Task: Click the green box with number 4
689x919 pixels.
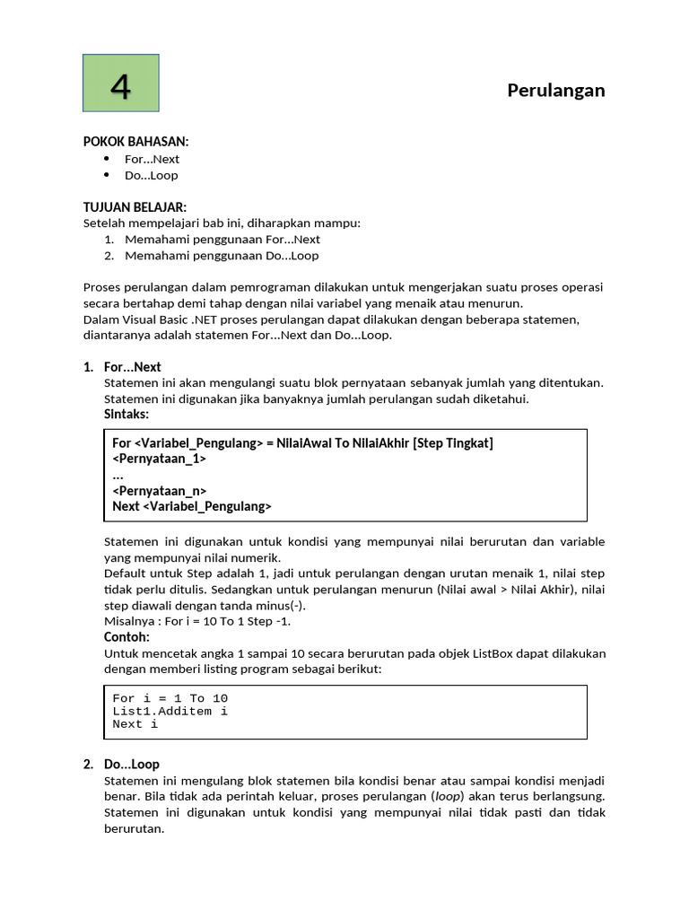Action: pyautogui.click(x=121, y=83)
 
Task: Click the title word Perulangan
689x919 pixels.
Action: pyautogui.click(x=555, y=90)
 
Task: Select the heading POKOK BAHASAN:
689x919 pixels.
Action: pyautogui.click(x=135, y=142)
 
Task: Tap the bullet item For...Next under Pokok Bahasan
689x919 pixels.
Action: pyautogui.click(x=152, y=159)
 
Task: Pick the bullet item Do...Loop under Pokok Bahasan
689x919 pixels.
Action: pyautogui.click(x=151, y=175)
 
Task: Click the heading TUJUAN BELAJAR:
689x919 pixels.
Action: pyautogui.click(x=135, y=207)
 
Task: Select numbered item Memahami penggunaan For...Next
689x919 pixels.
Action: pyautogui.click(x=222, y=240)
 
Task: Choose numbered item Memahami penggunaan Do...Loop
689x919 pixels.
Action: pyautogui.click(x=221, y=256)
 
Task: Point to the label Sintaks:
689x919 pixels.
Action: pyautogui.click(x=126, y=414)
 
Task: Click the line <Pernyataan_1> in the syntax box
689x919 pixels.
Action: pyautogui.click(x=159, y=459)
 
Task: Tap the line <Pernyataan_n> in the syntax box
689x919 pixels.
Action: pyautogui.click(x=159, y=491)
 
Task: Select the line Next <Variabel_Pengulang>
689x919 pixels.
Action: pyautogui.click(x=191, y=506)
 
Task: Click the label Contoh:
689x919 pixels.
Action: pyautogui.click(x=126, y=637)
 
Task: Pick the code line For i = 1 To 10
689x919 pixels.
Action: pyautogui.click(x=170, y=698)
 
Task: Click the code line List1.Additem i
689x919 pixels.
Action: pyautogui.click(x=170, y=711)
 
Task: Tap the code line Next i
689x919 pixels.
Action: pyautogui.click(x=135, y=723)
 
